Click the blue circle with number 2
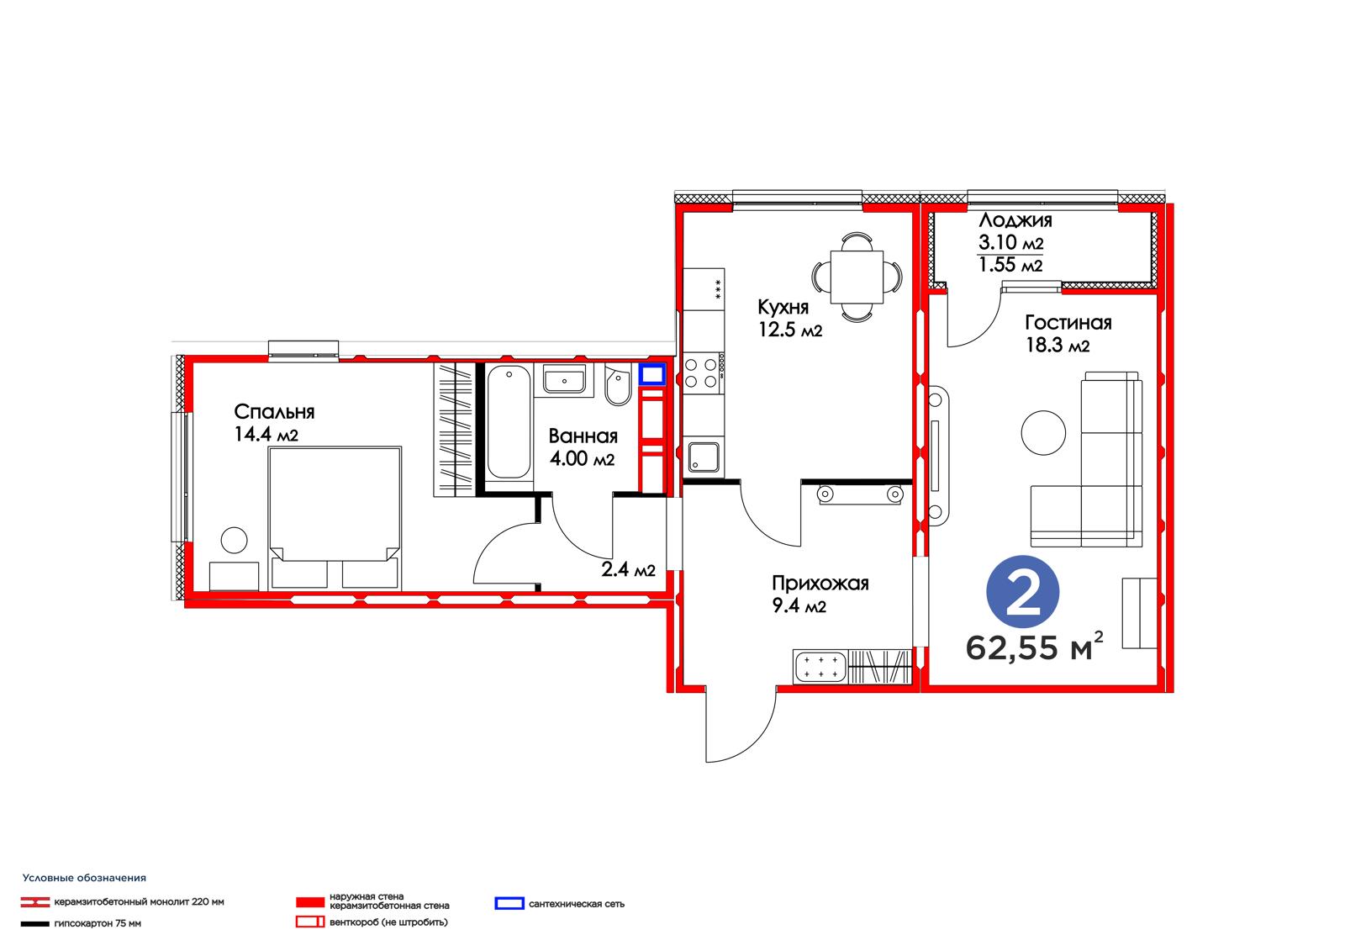coord(1022,592)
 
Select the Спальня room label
coord(274,412)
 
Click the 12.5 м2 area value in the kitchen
coord(790,330)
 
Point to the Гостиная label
coord(1068,323)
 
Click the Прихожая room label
coord(820,584)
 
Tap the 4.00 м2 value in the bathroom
coord(582,458)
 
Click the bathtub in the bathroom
coord(509,422)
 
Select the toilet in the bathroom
coord(617,385)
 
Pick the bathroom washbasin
coord(564,379)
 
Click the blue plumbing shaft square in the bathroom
coord(651,375)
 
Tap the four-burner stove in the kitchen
coord(702,373)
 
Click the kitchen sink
coord(703,457)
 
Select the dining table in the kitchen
coord(857,277)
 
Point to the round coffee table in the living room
coord(1043,432)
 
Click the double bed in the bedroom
coord(335,519)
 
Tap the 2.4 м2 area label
coord(628,569)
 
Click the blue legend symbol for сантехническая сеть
coord(509,904)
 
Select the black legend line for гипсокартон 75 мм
coord(34,924)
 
